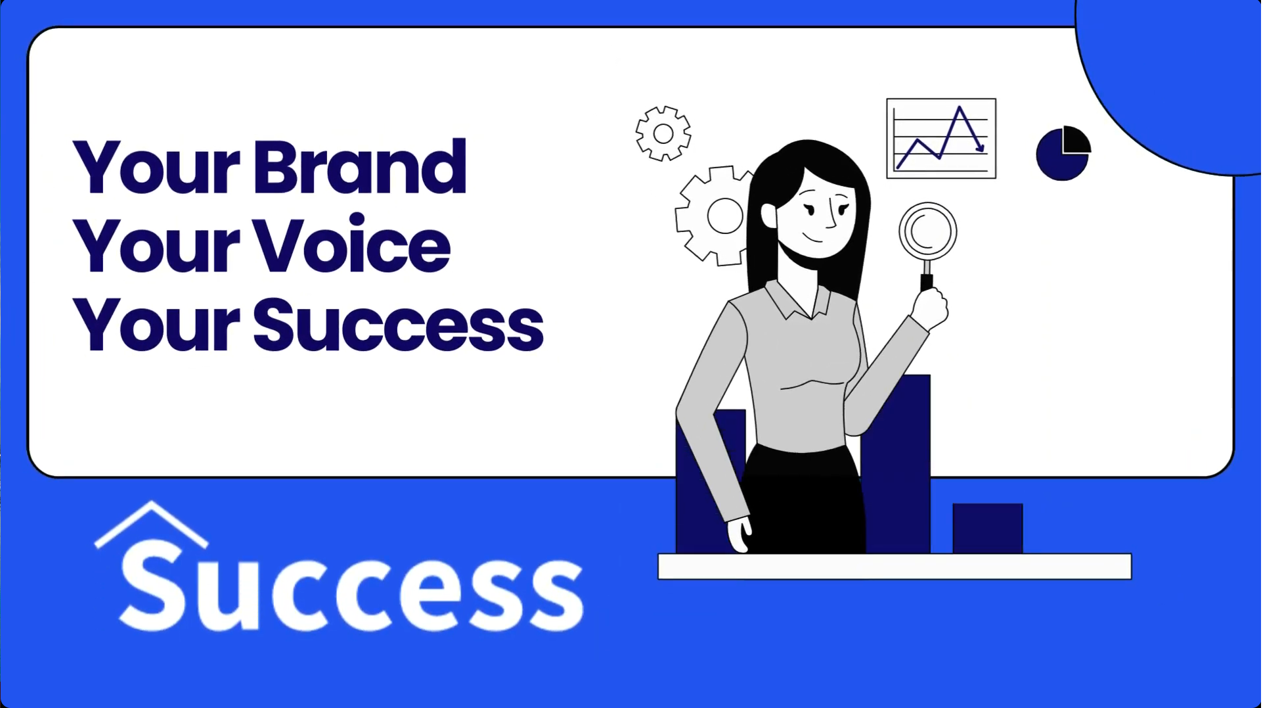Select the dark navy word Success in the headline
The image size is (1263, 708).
(399, 324)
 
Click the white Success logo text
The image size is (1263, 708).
(351, 586)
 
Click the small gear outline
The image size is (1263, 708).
(663, 133)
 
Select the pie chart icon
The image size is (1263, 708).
(1063, 153)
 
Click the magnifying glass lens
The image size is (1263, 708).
(927, 231)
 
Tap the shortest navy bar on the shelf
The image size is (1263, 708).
(988, 529)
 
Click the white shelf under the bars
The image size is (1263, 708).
(895, 567)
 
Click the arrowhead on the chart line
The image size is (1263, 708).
(980, 147)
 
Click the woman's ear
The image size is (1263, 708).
(769, 215)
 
